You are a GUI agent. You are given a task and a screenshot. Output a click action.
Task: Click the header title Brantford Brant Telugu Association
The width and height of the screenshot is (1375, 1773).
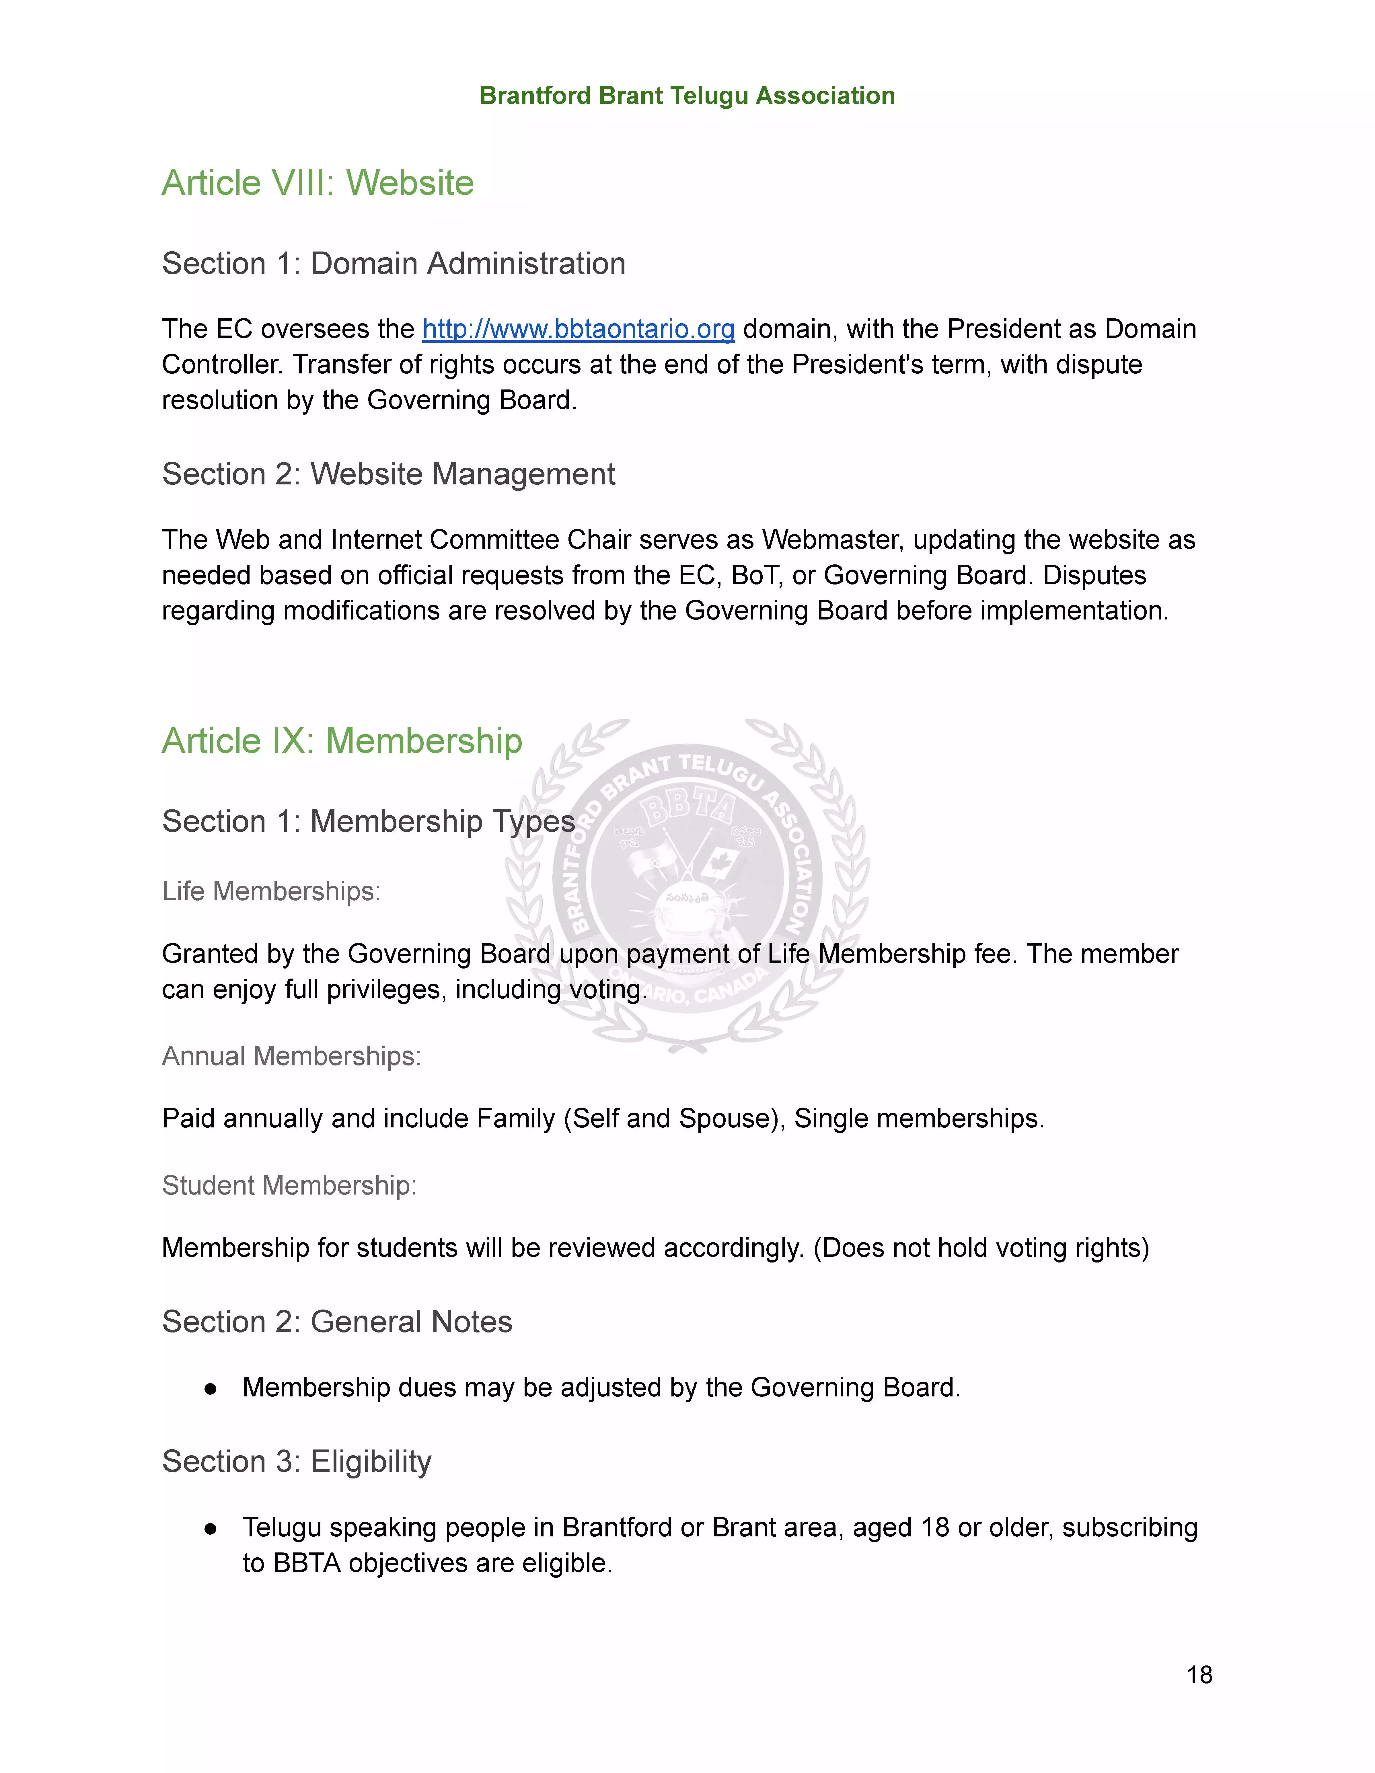[687, 96]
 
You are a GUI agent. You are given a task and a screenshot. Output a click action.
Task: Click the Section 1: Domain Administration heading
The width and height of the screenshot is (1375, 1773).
[394, 264]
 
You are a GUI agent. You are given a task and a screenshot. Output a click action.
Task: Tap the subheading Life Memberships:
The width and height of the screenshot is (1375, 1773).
[271, 891]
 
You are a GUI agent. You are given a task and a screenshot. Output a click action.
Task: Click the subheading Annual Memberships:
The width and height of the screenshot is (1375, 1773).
[291, 1056]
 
